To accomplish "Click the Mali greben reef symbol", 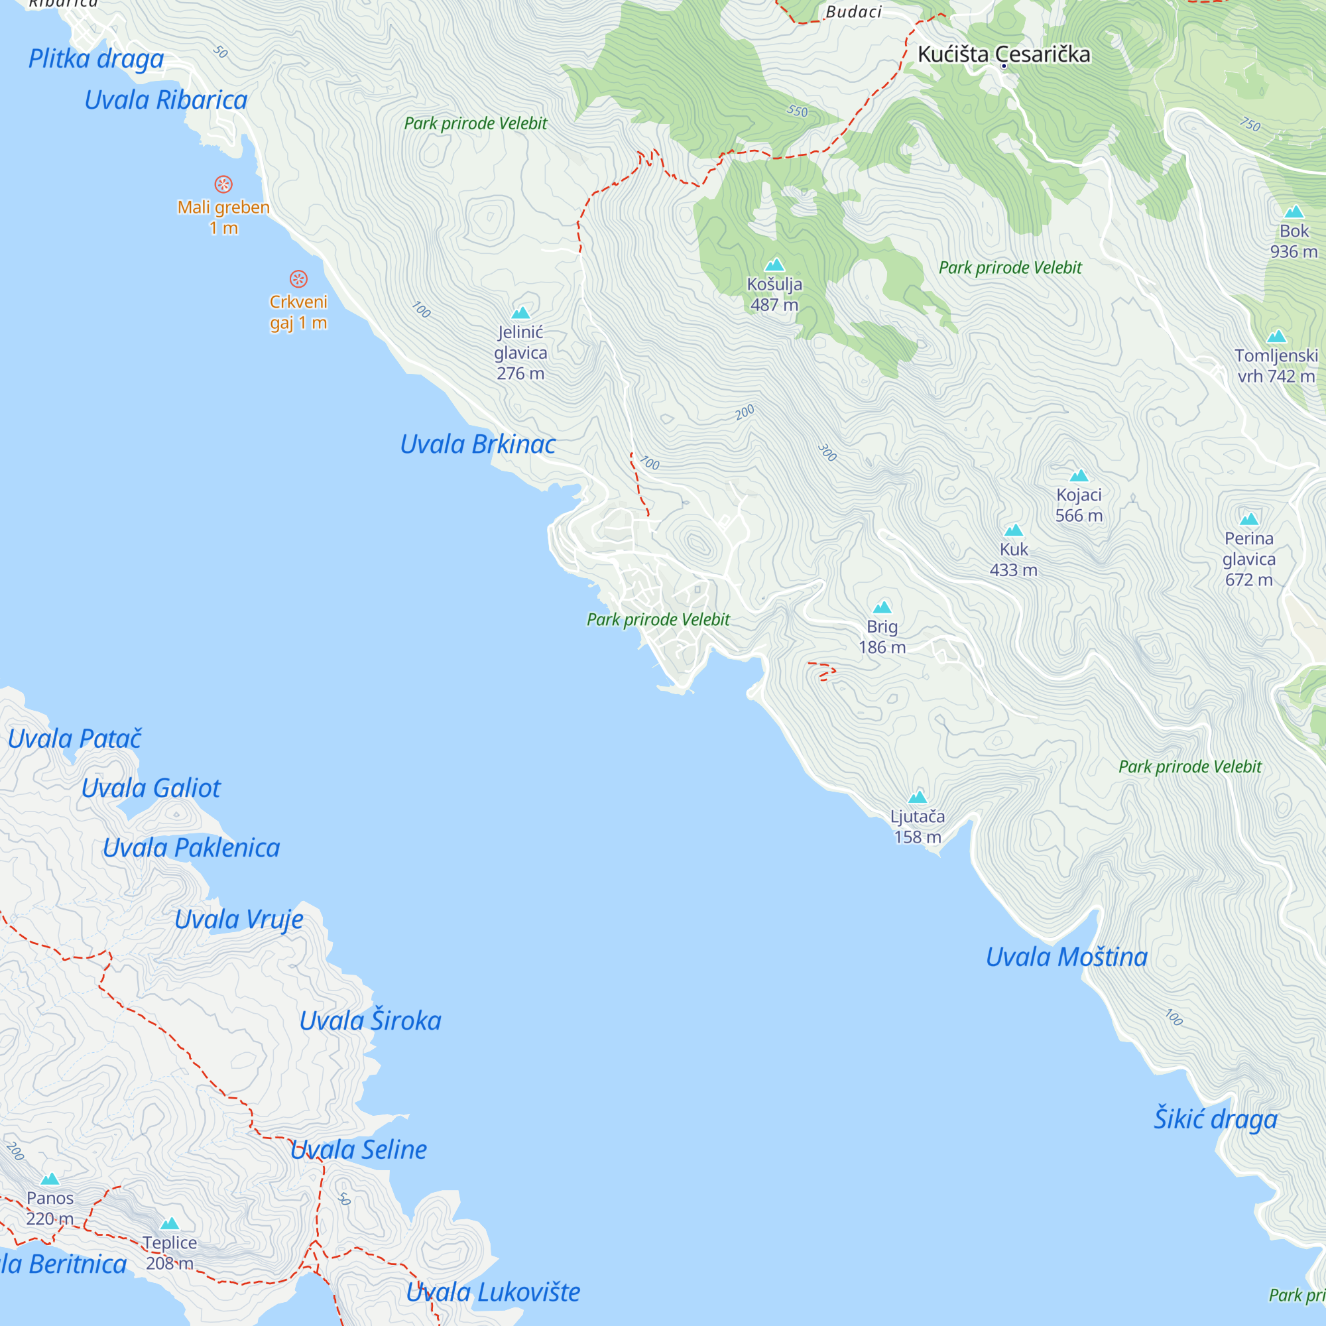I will click(x=223, y=184).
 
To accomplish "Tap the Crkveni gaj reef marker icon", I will click(x=298, y=278).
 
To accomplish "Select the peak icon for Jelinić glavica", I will click(x=520, y=314).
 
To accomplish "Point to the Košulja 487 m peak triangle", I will click(x=774, y=265).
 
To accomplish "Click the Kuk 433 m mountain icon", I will click(x=1013, y=530).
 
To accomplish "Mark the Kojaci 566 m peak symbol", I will click(x=1078, y=475).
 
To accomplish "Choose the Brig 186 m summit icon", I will click(x=882, y=607).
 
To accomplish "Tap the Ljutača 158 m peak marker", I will click(x=917, y=797).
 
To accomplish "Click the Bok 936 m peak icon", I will click(x=1293, y=212).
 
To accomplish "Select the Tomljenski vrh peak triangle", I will click(x=1276, y=336).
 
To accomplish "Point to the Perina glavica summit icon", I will click(x=1248, y=520).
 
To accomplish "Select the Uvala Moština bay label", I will click(x=1066, y=957).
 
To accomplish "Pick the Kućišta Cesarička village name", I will click(x=1003, y=54).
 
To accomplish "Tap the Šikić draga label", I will click(x=1215, y=1118).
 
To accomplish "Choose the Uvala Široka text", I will click(x=370, y=1020).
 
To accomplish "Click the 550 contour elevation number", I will click(x=797, y=111).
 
